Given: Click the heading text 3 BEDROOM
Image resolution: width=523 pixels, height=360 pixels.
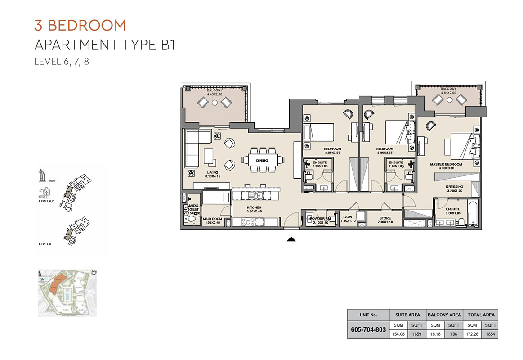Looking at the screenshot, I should [x=80, y=25].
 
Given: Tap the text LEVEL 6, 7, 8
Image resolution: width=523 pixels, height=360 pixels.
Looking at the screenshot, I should [x=62, y=62].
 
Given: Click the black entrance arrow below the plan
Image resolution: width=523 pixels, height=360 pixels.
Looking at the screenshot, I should [x=291, y=239].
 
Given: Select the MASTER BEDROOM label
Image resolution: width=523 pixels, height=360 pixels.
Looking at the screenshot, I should [x=446, y=165].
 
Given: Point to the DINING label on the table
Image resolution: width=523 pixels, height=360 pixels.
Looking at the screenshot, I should [x=262, y=161].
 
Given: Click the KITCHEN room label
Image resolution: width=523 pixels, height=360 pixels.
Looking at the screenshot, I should [x=254, y=208].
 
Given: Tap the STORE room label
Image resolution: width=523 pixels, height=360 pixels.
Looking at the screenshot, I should [x=385, y=218].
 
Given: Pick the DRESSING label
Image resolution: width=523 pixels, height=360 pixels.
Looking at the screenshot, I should [x=454, y=187].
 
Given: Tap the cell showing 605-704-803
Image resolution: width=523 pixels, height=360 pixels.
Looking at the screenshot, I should [x=368, y=329].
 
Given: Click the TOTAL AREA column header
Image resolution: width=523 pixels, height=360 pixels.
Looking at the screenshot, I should [x=481, y=315].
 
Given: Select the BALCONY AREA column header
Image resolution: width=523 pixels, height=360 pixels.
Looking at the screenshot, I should [x=444, y=315].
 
